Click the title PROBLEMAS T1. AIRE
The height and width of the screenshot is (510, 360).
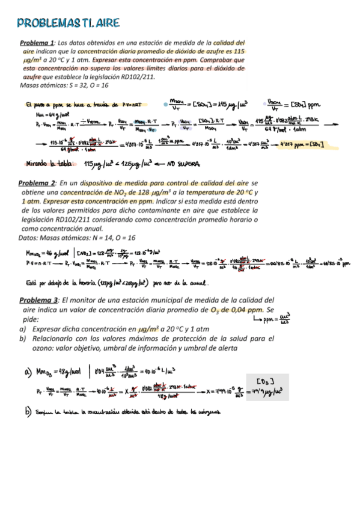click(68, 23)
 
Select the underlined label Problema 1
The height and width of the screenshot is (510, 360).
click(38, 43)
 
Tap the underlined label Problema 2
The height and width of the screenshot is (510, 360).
click(38, 182)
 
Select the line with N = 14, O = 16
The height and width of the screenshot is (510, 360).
click(78, 238)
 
